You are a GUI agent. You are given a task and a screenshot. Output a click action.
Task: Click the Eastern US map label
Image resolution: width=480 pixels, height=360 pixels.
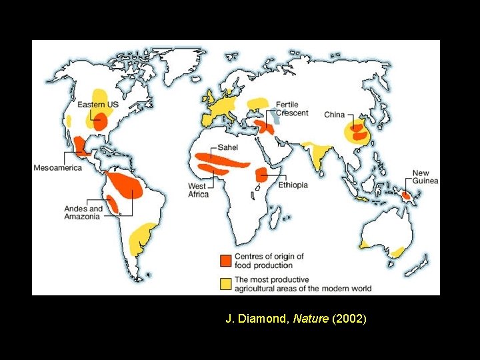click(x=98, y=105)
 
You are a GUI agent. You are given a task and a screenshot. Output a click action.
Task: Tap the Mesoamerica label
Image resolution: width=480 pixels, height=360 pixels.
click(x=58, y=168)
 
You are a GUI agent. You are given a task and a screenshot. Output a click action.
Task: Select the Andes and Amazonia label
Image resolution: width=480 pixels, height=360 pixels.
click(x=83, y=213)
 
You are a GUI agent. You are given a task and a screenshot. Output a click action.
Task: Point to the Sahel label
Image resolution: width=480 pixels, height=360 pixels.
click(x=227, y=147)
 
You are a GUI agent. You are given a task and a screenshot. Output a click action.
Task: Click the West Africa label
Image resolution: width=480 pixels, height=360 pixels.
click(x=198, y=190)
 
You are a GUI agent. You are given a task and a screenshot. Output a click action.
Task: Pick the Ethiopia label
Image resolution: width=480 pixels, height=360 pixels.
click(x=293, y=185)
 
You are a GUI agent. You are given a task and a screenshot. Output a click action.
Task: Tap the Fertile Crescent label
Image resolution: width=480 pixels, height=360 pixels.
click(x=292, y=109)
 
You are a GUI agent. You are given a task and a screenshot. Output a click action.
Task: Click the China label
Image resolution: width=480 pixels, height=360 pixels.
click(x=334, y=115)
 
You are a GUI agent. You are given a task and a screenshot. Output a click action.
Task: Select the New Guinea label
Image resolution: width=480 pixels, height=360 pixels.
click(x=425, y=177)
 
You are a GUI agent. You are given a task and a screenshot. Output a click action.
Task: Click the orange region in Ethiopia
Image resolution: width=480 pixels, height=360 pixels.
click(x=261, y=175)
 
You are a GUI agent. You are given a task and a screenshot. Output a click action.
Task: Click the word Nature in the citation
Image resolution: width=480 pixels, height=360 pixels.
click(x=316, y=319)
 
